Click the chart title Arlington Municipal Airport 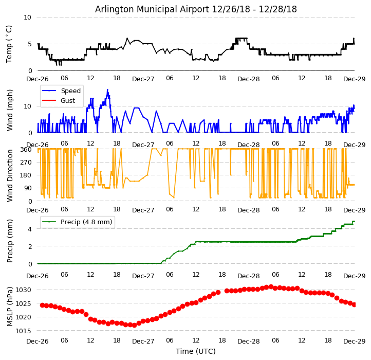pos(196,9)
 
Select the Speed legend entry pos(70,91)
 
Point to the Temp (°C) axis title pos(9,44)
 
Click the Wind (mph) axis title pos(10,110)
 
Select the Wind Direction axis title pos(10,175)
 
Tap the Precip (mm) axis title pos(10,240)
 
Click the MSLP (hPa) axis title pos(10,307)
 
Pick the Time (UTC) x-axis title pos(196,351)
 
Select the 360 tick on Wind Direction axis pos(26,150)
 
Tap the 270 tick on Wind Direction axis pos(26,163)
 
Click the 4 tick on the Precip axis pos(29,229)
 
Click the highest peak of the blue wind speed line pos(107,89)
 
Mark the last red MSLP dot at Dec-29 pos(354,304)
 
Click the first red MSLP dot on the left pos(42,305)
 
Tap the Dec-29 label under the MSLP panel pos(355,341)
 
